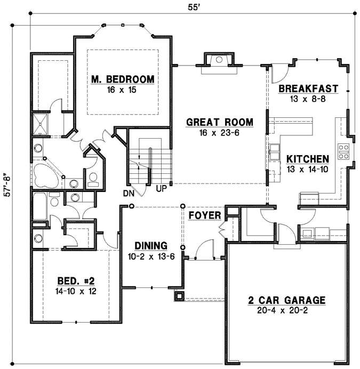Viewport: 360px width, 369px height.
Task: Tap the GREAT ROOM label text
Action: point(219,123)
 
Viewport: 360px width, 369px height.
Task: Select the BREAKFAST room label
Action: point(309,89)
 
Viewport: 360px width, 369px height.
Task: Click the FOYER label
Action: point(205,215)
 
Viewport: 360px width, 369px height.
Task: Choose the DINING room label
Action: point(151,245)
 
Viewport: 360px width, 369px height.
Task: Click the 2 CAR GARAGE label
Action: point(286,300)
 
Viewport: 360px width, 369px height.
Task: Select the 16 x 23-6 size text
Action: point(219,133)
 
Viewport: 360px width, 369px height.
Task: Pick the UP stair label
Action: point(161,188)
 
